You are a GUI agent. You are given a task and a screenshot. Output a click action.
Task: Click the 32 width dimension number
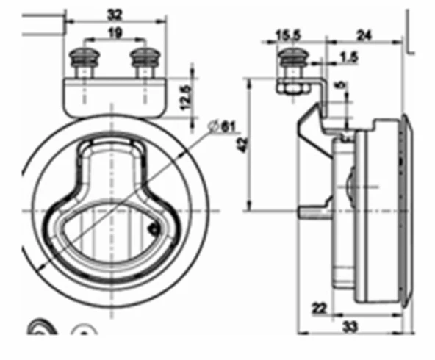click(114, 13)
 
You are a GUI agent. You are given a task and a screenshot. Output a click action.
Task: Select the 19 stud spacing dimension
click(114, 32)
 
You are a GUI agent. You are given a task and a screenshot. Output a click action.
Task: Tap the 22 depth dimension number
click(319, 309)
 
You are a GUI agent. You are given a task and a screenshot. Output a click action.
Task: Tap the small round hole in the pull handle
click(153, 228)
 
